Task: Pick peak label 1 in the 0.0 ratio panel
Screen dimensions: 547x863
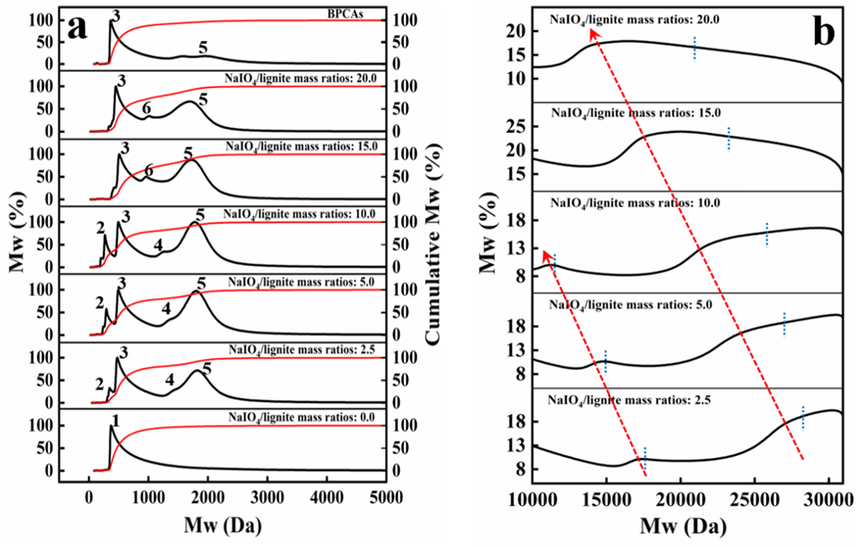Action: coord(116,421)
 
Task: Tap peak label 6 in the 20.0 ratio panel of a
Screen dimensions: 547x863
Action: coord(147,108)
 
